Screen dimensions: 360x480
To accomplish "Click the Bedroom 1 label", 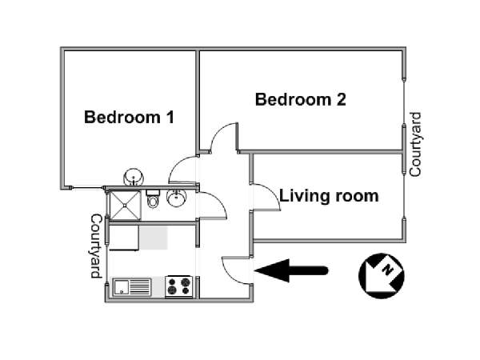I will click(x=130, y=118).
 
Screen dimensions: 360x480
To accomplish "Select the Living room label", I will click(x=329, y=195).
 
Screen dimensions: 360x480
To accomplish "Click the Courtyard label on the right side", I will click(x=415, y=145).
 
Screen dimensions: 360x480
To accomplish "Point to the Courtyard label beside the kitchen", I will click(x=97, y=246).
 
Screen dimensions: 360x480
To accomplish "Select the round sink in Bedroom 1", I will click(x=133, y=176).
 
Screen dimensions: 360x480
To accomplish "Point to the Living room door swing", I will click(x=267, y=198).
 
